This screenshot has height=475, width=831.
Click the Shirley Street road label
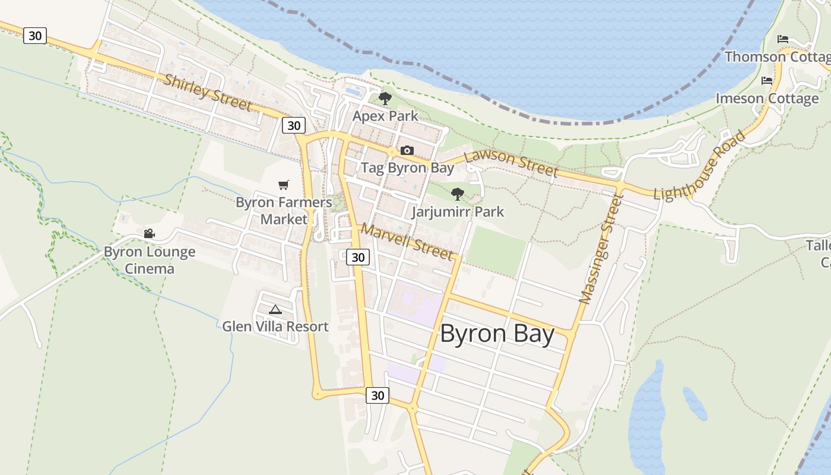(x=207, y=93)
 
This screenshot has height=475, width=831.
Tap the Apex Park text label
(x=385, y=116)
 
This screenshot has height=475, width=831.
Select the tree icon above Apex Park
(x=385, y=99)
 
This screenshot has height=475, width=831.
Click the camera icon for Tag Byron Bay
(x=407, y=150)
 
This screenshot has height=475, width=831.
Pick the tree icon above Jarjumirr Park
(x=457, y=194)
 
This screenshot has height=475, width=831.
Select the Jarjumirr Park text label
(x=458, y=211)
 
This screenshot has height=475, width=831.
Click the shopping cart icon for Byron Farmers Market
(x=284, y=185)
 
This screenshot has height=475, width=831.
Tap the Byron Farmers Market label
(x=284, y=210)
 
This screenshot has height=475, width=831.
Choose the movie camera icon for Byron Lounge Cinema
(x=149, y=234)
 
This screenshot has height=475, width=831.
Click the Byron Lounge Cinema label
(x=149, y=260)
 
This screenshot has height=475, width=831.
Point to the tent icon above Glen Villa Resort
(x=275, y=309)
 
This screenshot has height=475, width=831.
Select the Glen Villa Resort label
(x=275, y=327)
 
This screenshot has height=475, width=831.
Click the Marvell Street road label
(x=407, y=241)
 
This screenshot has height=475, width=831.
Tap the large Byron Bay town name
(x=497, y=334)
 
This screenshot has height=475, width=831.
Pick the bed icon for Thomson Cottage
(x=783, y=39)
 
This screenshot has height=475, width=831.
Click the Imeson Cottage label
(x=767, y=98)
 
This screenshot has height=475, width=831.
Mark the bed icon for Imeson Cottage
(x=767, y=81)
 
